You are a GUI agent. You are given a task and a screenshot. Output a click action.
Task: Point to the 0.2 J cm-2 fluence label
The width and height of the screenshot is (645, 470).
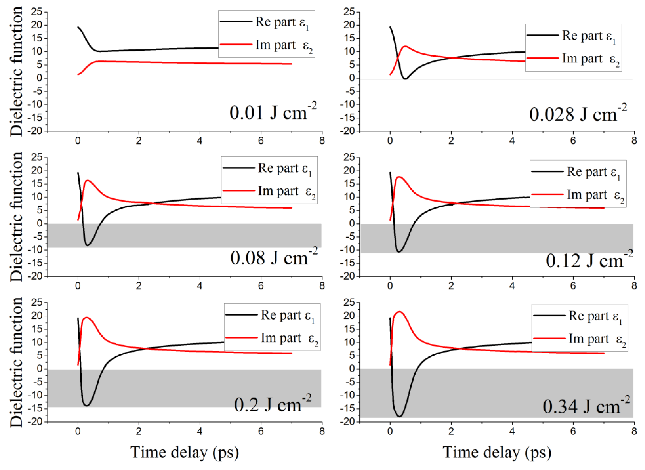(x=272, y=404)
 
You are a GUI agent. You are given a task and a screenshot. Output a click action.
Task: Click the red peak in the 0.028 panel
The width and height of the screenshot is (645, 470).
(x=405, y=46)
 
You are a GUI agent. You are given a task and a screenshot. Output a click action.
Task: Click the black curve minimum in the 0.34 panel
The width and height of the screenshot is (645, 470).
(x=400, y=416)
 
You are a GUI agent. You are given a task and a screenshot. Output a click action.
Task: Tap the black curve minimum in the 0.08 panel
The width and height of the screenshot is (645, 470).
(x=88, y=245)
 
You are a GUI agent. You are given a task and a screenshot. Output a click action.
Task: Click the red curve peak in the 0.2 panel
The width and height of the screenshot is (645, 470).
(x=87, y=318)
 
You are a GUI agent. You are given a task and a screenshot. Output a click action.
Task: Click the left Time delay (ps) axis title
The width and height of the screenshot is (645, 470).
(x=184, y=452)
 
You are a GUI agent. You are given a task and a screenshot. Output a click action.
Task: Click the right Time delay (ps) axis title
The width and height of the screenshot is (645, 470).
(x=497, y=452)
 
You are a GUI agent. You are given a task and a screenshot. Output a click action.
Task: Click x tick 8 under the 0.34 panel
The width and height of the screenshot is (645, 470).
(x=634, y=431)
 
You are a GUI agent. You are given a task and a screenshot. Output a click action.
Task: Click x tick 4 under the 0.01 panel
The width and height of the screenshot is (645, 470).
(x=200, y=141)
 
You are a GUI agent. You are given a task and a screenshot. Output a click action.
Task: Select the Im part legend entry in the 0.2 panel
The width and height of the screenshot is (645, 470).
(x=272, y=338)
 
